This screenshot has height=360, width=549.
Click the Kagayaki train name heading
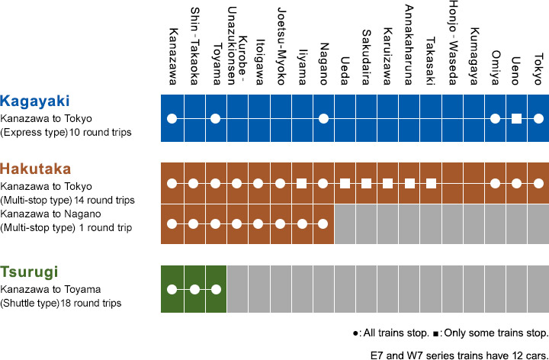point(35,101)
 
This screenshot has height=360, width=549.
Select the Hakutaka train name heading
point(36,169)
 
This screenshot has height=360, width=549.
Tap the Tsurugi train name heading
point(29,272)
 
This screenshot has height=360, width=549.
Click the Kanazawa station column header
point(172,56)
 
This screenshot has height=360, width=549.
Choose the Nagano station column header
point(323,64)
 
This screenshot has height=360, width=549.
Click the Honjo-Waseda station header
point(453,43)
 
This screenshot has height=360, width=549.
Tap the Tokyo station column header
point(538,69)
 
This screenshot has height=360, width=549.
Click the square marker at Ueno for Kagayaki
point(516,119)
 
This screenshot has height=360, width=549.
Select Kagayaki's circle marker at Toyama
point(215,119)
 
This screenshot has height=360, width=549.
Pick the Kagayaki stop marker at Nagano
point(323,119)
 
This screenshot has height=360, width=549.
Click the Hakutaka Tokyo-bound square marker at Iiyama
point(301,183)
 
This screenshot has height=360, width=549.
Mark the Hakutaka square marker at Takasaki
point(431,183)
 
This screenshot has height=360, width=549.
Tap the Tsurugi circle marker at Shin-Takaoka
point(194,290)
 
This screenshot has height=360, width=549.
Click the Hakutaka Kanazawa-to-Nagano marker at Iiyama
point(302,223)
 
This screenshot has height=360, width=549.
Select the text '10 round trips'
point(101,133)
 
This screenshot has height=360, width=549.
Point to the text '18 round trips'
point(91,303)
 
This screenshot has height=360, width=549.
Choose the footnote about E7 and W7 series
point(459,355)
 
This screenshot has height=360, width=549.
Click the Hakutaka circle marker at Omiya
point(495,183)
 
